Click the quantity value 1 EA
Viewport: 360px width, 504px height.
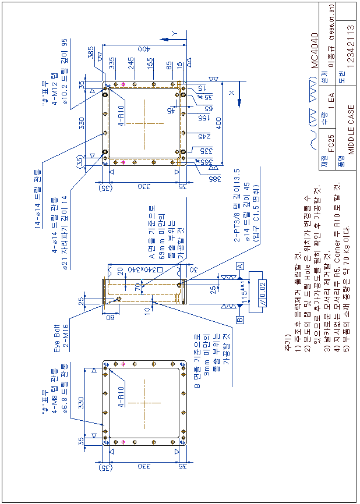pos(331,100)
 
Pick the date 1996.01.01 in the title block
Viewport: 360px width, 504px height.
pos(331,24)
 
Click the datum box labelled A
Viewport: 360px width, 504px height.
pos(239,265)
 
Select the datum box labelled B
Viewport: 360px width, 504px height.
pos(239,320)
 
